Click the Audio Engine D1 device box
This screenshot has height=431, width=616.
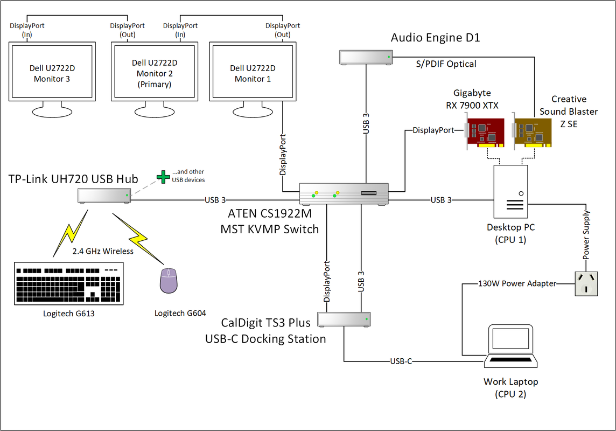(365, 57)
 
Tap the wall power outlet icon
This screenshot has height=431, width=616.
(586, 283)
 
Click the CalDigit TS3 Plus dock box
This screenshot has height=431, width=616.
(344, 319)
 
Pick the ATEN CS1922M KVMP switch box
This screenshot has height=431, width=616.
(344, 194)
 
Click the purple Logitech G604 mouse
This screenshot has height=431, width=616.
(169, 281)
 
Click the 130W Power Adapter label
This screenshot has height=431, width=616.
(517, 283)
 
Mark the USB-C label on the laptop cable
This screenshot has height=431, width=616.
(401, 361)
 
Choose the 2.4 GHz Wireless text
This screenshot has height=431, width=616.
(103, 251)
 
